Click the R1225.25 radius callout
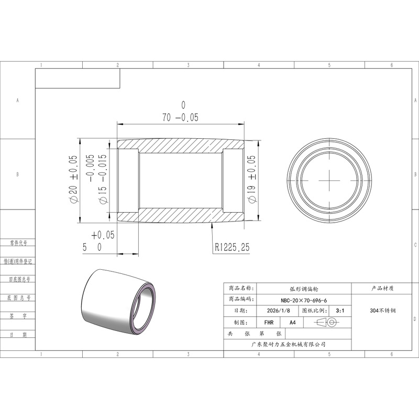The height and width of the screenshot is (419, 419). (232, 247)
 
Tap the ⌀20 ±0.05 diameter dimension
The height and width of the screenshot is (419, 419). (73, 179)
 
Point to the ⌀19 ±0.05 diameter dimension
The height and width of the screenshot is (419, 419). (251, 179)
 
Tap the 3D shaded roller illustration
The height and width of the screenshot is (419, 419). (118, 302)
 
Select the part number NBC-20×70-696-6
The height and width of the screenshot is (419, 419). (304, 300)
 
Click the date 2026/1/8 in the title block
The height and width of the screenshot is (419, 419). (278, 311)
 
